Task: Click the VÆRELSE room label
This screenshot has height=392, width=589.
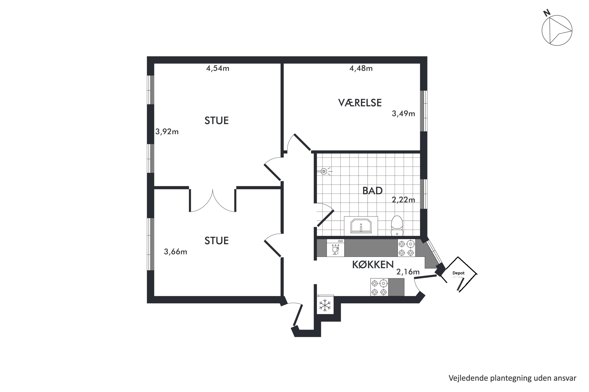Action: click(x=360, y=103)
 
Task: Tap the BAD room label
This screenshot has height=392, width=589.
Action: click(x=372, y=191)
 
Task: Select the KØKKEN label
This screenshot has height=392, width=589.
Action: click(x=373, y=264)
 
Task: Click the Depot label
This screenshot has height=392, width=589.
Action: click(x=458, y=273)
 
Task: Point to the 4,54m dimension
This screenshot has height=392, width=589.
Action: click(x=218, y=68)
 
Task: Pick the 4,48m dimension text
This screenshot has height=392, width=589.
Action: click(x=361, y=68)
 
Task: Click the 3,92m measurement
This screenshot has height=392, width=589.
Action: click(x=167, y=132)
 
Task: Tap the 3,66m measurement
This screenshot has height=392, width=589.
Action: click(x=176, y=251)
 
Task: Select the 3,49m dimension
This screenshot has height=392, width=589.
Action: click(x=403, y=113)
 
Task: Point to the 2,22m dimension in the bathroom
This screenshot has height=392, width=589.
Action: click(x=403, y=200)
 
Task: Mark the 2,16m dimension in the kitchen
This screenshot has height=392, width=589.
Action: click(x=408, y=272)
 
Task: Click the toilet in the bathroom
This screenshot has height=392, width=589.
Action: click(x=397, y=226)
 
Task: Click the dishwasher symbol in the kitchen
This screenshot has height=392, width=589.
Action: click(x=335, y=248)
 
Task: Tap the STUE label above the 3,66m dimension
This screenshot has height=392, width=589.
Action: click(x=217, y=241)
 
